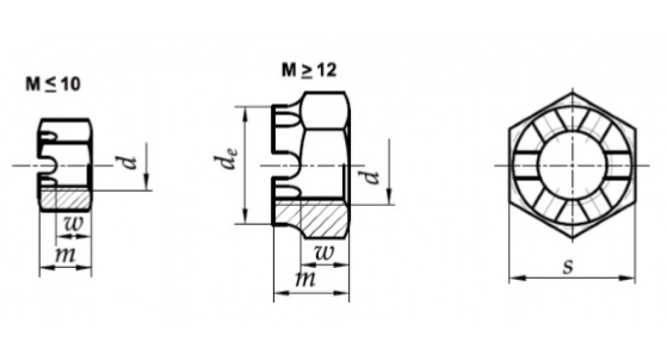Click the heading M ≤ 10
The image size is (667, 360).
click(x=53, y=85)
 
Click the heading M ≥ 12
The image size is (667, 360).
click(x=309, y=70)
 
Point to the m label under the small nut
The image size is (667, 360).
click(x=65, y=255)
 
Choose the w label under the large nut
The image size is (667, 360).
click(x=323, y=253)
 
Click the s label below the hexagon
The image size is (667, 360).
click(x=568, y=267)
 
